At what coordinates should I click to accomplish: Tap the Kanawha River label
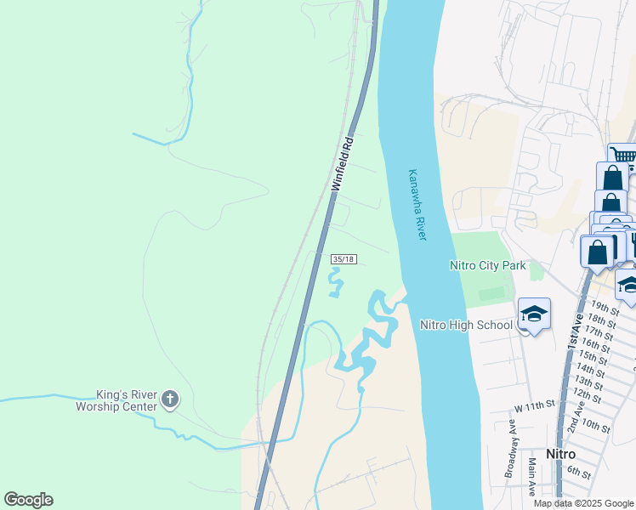[417, 204]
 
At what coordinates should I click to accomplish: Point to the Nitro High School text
[466, 325]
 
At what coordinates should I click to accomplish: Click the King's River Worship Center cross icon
[170, 399]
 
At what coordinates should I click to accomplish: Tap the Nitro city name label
[562, 454]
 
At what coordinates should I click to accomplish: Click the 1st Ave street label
[576, 327]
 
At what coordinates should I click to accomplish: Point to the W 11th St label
[534, 405]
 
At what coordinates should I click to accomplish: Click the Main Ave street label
[531, 477]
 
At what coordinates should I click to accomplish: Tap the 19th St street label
[605, 307]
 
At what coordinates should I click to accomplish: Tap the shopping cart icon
[623, 156]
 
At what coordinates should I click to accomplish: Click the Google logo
[28, 500]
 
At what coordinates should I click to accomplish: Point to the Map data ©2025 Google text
[583, 503]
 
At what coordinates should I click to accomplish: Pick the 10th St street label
[596, 427]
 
